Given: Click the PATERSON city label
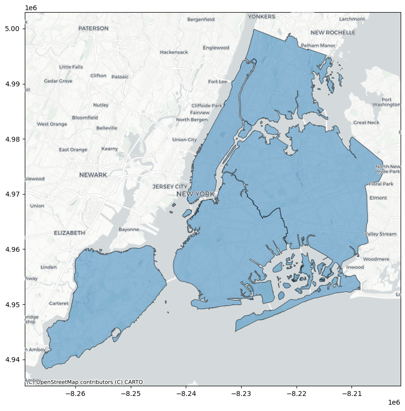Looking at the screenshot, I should click(93, 29).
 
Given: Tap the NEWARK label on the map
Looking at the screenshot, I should click(93, 175).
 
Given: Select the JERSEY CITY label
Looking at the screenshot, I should click(170, 186).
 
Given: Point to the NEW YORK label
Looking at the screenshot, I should click(195, 194).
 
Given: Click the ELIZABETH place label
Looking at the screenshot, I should click(70, 233).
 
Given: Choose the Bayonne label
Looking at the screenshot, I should click(129, 230).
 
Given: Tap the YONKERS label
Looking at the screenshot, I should click(262, 16).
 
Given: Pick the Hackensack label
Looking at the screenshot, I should click(174, 52).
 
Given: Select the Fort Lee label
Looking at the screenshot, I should click(217, 82).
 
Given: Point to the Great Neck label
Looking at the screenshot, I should click(366, 123).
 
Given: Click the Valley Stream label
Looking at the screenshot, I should click(381, 234).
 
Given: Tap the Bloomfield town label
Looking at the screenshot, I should click(85, 117).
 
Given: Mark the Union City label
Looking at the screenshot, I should click(185, 140).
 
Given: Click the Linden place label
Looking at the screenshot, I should click(49, 267).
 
